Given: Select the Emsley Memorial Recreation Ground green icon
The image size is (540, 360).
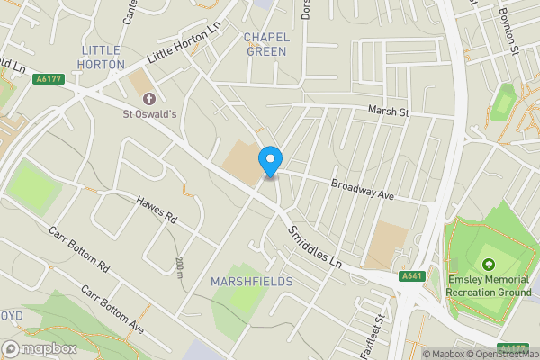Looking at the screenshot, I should coord(488,265).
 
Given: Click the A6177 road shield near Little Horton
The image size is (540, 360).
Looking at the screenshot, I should coord(49,80).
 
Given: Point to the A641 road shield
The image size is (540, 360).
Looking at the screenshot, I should coord(411,276).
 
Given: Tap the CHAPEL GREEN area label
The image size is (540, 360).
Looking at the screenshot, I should coord(265,44).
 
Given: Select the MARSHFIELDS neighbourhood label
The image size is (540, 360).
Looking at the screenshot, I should coord(252,282).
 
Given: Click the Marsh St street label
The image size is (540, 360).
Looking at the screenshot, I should coord(388,112).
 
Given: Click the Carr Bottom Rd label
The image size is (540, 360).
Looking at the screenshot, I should coord(78,249).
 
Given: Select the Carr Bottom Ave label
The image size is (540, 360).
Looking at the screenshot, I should coord(112,309).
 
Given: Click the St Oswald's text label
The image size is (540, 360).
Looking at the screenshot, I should coord(149,114).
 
